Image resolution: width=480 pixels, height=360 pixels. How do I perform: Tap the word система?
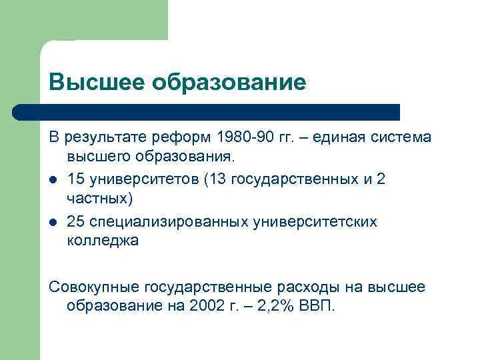click(401, 138)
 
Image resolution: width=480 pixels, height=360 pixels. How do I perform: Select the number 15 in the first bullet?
click(75, 179)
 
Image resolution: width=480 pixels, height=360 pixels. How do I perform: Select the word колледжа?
click(103, 241)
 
